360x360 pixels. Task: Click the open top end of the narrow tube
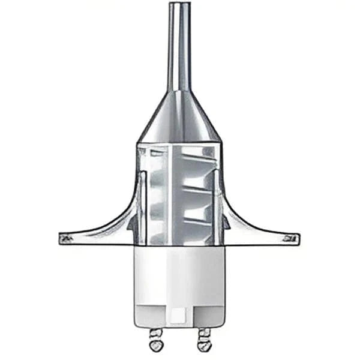coord(179,5)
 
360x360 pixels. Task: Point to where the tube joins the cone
coord(179,92)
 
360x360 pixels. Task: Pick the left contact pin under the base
coord(155,339)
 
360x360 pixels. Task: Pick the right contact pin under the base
coord(204,339)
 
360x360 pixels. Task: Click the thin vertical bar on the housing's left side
coord(143,204)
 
